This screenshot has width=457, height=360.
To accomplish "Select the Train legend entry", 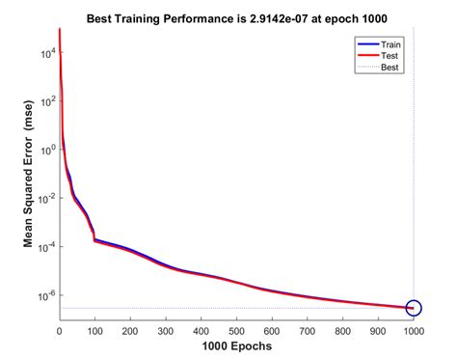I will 391,44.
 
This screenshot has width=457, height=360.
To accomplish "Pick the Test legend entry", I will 390,57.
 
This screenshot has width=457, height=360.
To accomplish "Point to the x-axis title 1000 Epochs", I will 236,346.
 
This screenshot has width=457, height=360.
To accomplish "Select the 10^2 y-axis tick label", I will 44,100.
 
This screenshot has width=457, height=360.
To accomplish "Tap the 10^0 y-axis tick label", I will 44,149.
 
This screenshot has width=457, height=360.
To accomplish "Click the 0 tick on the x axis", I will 59,330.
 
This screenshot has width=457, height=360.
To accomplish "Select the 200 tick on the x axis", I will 130,330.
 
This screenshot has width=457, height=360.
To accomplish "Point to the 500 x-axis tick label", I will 236,330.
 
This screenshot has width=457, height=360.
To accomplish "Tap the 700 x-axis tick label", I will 308,330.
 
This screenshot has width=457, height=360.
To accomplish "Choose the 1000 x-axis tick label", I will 414,330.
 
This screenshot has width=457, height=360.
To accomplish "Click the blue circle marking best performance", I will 414,309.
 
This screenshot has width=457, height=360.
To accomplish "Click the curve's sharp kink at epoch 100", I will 94,238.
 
